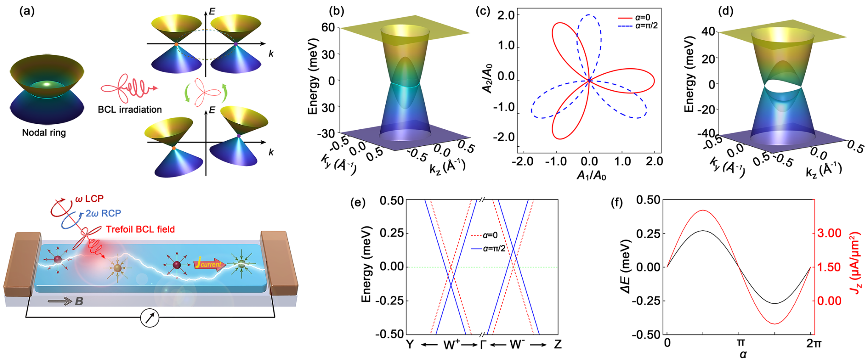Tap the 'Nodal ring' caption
pos(44,133)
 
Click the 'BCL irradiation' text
pos(130,109)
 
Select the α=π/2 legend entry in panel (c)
pos(637,26)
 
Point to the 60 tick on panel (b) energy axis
pos(328,28)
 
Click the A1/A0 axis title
pos(591,174)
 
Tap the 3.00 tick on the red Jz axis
pos(829,233)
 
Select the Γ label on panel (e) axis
pos(483,344)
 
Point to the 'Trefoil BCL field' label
pos(140,229)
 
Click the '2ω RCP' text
pos(103,213)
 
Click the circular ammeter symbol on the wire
pos(150,318)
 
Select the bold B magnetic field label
pos(79,301)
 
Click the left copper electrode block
pos(21,263)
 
